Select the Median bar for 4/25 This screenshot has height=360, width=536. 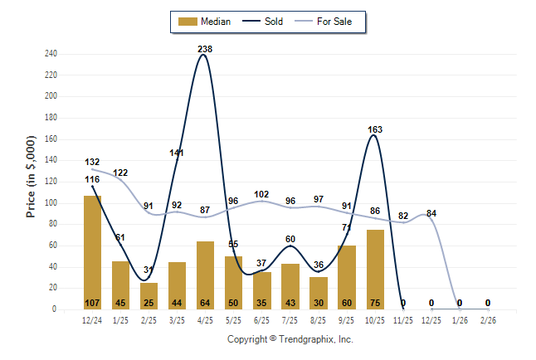pos(206,275)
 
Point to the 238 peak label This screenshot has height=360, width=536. pos(205,49)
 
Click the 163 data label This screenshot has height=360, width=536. pos(375,129)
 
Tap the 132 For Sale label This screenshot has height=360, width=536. pos(92,162)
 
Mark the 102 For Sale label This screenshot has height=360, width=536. pos(262,194)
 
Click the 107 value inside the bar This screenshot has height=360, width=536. pos(93,302)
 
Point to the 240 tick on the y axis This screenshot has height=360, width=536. pos(51,54)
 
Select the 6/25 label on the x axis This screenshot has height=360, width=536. pos(262,319)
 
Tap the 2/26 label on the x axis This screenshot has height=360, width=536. pos(488,319)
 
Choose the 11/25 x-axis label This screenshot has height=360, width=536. pos(403,319)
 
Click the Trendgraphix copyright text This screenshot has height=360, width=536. pos(290,339)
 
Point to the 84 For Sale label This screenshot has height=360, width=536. pos(431,213)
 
